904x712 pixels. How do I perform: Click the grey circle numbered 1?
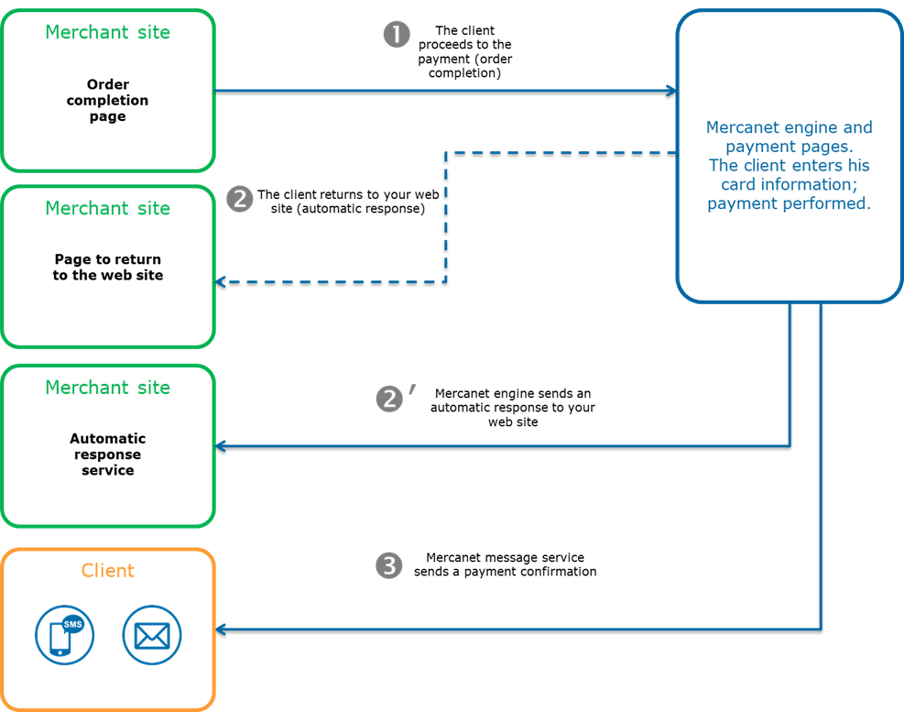pyautogui.click(x=396, y=35)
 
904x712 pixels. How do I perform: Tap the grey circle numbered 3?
pyautogui.click(x=389, y=566)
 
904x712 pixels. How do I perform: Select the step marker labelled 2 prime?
pyautogui.click(x=390, y=399)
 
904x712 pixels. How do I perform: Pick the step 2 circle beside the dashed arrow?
pyautogui.click(x=239, y=199)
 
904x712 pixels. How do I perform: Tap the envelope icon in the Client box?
pyautogui.click(x=152, y=634)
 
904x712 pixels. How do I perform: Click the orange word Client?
pyautogui.click(x=107, y=570)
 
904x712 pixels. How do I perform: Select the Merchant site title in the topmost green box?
pyautogui.click(x=107, y=32)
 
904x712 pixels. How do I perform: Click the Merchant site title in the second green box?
pyautogui.click(x=107, y=208)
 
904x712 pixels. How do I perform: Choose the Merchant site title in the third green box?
pyautogui.click(x=107, y=388)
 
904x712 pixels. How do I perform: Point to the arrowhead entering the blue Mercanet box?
pyautogui.click(x=672, y=90)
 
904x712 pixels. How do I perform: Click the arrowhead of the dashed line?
pyautogui.click(x=220, y=281)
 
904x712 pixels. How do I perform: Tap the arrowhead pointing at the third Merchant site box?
pyautogui.click(x=220, y=446)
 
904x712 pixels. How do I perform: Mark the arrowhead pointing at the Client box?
pyautogui.click(x=220, y=630)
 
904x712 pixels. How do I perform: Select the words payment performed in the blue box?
pyautogui.click(x=789, y=203)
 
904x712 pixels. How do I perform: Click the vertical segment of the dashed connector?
pyautogui.click(x=446, y=220)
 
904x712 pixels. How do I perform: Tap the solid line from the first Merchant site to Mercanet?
pyautogui.click(x=440, y=90)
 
